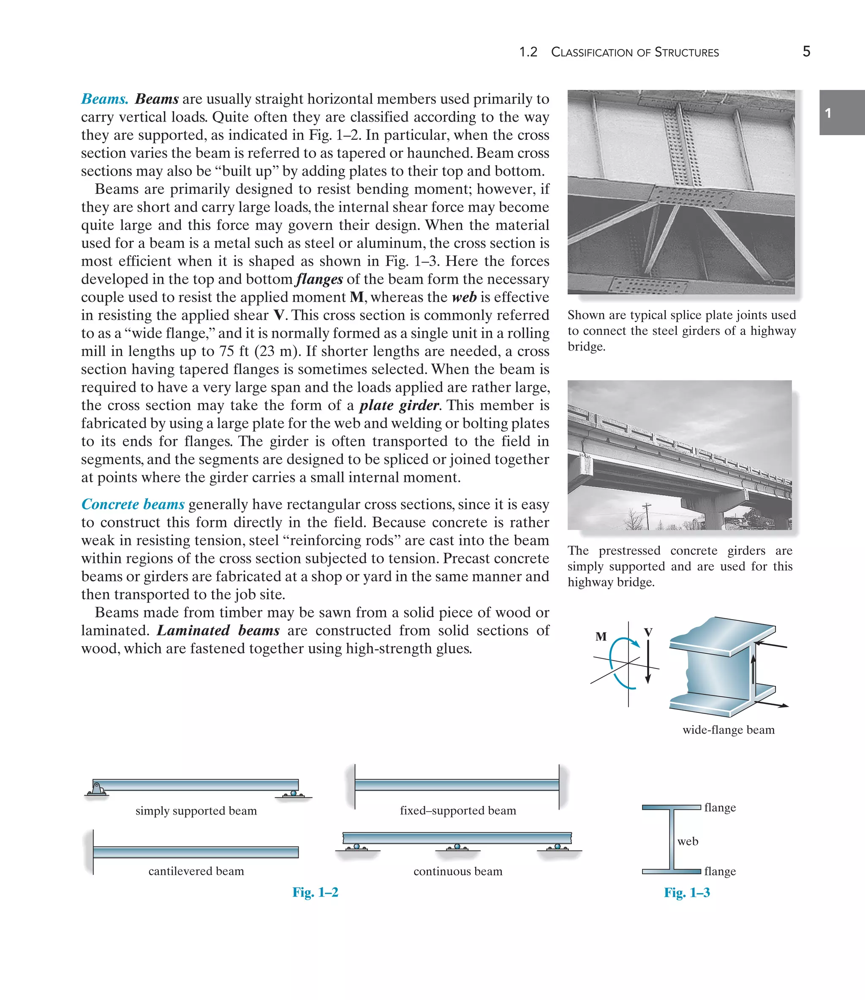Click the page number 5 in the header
[x=806, y=52]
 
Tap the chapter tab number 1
[x=828, y=114]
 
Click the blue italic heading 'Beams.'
[x=105, y=99]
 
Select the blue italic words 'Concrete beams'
[x=133, y=504]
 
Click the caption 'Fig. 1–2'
[x=315, y=892]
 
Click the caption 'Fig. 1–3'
[x=687, y=892]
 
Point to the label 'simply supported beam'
[x=196, y=811]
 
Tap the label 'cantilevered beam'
[x=196, y=871]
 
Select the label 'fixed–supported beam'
[x=457, y=810]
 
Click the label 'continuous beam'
[x=457, y=871]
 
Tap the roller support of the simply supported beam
[x=294, y=793]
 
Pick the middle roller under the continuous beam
[x=457, y=847]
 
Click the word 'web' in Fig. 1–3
[x=687, y=841]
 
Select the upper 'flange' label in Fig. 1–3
[x=720, y=807]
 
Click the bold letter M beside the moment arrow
[x=601, y=636]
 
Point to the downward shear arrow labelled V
[x=648, y=661]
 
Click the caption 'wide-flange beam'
[x=728, y=730]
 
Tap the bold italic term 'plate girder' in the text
[x=399, y=405]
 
